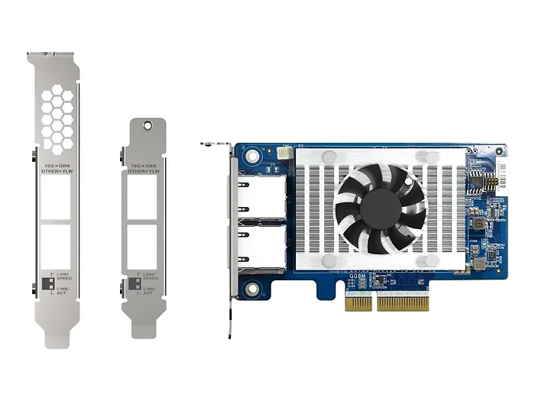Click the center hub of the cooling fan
[x=381, y=209]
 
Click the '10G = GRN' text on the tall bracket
[x=57, y=164]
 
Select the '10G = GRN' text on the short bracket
[x=145, y=165]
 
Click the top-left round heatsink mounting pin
[x=329, y=157]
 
